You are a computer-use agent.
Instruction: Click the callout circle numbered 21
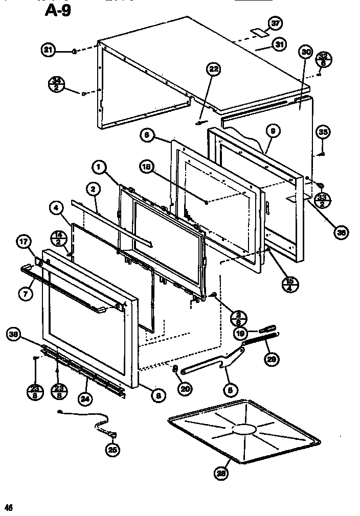click(x=49, y=50)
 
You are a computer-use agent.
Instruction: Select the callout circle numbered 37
click(x=275, y=23)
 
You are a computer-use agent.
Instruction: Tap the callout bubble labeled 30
click(x=306, y=52)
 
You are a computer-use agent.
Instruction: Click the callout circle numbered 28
click(x=221, y=474)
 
